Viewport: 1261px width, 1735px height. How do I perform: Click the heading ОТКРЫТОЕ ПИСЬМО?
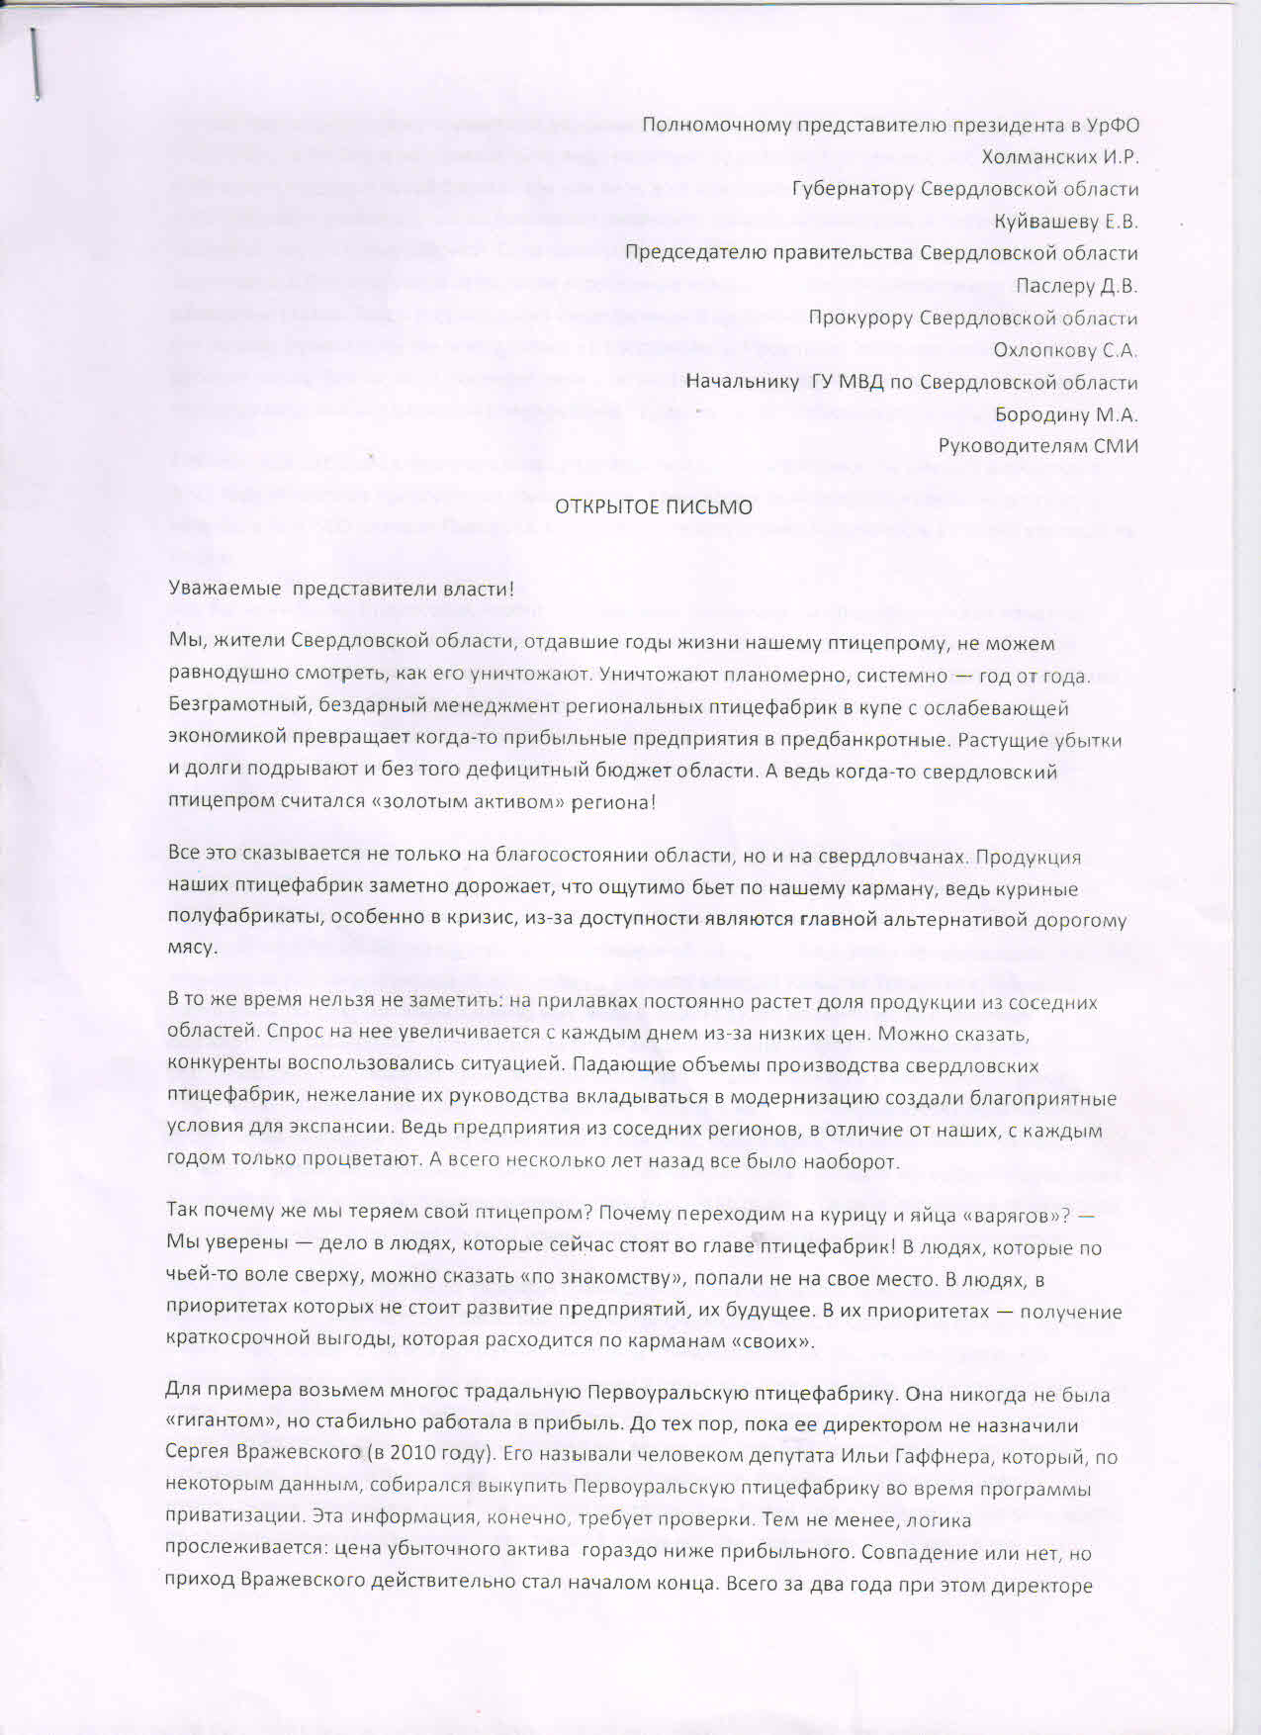pyautogui.click(x=653, y=508)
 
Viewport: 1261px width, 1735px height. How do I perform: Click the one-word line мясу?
pyautogui.click(x=192, y=948)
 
